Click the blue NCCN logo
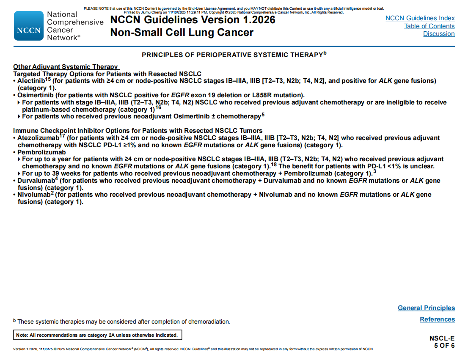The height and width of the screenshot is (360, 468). [x=29, y=26]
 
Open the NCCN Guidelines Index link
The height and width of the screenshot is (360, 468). [x=420, y=18]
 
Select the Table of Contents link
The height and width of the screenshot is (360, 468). [x=429, y=26]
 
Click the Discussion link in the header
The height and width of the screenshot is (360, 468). [x=439, y=34]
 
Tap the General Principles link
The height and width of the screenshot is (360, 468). [x=426, y=308]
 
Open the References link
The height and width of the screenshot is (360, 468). [x=437, y=319]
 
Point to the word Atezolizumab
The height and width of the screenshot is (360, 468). [x=38, y=138]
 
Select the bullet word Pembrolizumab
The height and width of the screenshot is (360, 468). [x=41, y=152]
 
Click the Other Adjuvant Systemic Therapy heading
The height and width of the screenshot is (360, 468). [x=66, y=67]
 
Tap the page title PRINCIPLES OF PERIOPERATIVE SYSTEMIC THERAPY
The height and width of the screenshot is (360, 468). [x=232, y=55]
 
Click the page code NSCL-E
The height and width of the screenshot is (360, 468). [x=442, y=338]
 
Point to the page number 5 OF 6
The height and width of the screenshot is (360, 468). [x=444, y=346]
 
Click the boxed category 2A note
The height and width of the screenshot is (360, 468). [x=97, y=335]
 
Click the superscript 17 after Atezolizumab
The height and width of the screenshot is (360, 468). [x=62, y=136]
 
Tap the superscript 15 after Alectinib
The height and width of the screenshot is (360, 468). [x=48, y=79]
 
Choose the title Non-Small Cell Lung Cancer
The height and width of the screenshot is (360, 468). [x=182, y=33]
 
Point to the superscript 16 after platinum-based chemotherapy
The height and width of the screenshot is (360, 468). [x=158, y=107]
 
